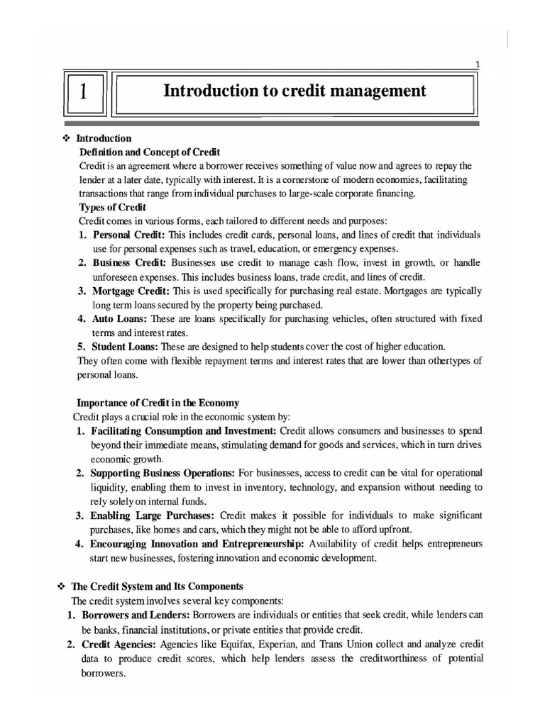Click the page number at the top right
tap(478, 65)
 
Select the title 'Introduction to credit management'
tap(294, 91)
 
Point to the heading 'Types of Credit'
tap(112, 207)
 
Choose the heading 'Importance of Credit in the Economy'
tap(158, 403)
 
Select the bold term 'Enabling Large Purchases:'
tap(152, 514)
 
